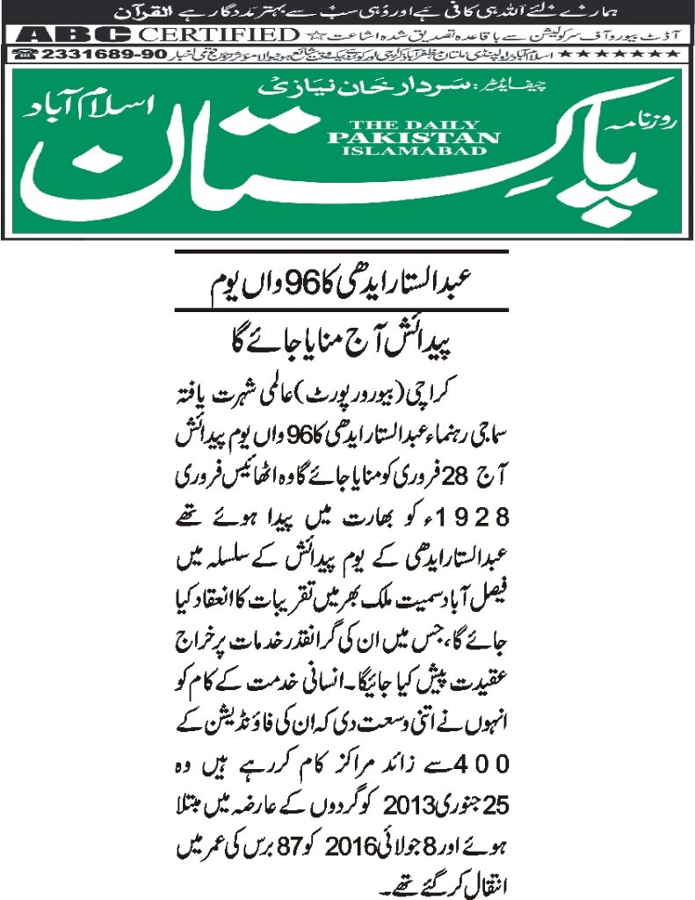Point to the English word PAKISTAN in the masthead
[x=413, y=137]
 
